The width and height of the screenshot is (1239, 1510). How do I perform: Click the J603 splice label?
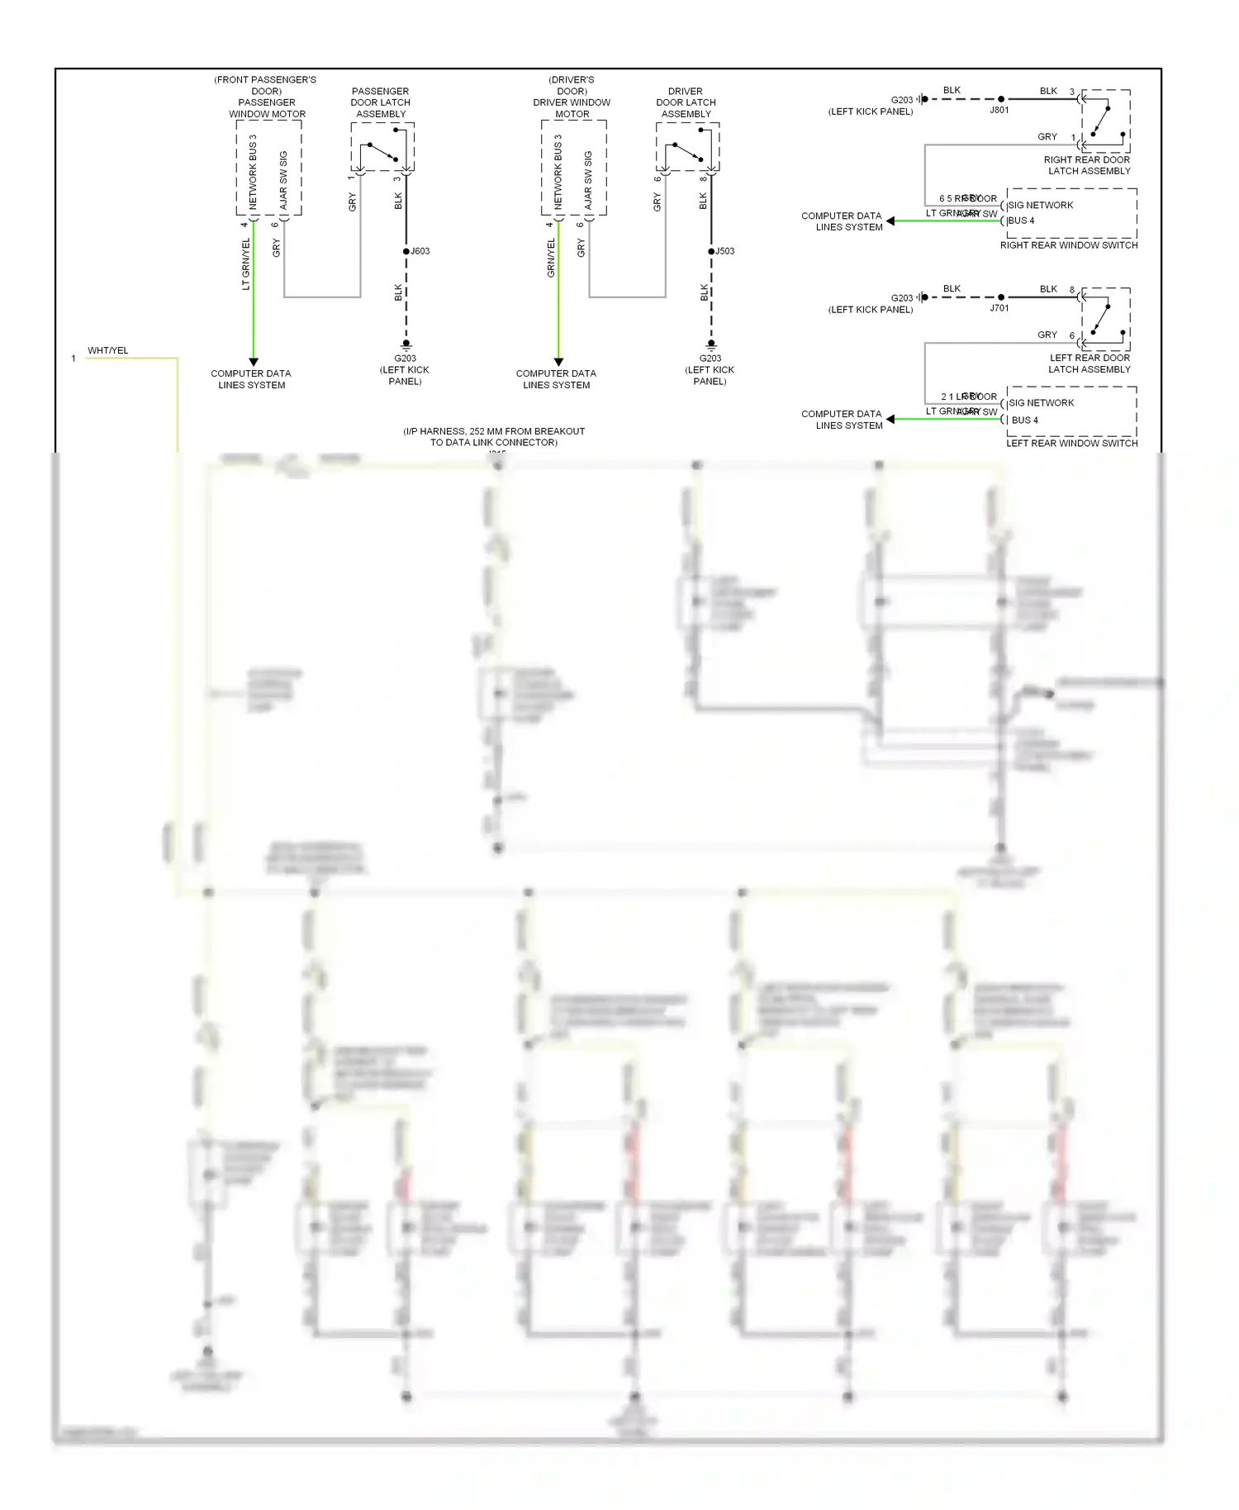pos(420,251)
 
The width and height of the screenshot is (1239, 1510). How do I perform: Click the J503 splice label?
pos(725,251)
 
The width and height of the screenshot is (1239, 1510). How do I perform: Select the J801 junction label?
pos(999,110)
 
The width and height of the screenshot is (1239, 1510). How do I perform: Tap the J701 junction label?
pos(999,308)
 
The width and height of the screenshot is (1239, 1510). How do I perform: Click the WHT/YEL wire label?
pos(108,350)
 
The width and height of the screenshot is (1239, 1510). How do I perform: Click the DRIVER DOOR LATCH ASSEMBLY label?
pos(686,102)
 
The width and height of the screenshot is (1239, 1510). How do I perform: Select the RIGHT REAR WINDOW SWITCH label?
pos(1069,245)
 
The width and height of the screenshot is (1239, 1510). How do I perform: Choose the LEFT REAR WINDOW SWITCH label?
pos(1071,444)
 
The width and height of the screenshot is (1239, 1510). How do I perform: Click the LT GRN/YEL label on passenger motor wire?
pos(245,264)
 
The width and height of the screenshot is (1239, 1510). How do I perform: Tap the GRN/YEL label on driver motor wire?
pos(551,258)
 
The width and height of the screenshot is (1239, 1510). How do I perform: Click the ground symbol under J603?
pos(406,344)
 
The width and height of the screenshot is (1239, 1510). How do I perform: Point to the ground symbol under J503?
pos(711,344)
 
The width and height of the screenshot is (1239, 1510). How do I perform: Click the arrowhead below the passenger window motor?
pos(254,362)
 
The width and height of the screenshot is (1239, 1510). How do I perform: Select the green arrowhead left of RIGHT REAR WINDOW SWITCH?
pos(890,221)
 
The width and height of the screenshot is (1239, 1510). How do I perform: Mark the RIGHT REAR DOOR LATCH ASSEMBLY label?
pos(1088,165)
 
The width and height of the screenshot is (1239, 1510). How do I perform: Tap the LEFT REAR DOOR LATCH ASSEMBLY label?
pos(1089,363)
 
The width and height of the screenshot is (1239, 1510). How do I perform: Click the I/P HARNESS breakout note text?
pos(494,437)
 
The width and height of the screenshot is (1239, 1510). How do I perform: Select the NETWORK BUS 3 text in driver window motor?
pos(558,172)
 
